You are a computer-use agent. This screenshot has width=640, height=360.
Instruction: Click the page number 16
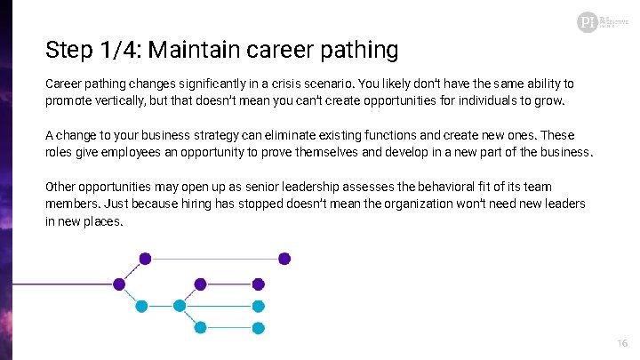click(x=621, y=343)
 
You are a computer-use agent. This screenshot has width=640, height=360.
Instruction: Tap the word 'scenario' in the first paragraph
click(x=326, y=84)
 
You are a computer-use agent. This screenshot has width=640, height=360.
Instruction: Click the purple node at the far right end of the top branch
click(x=284, y=259)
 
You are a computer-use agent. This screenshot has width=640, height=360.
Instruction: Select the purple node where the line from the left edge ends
click(x=119, y=284)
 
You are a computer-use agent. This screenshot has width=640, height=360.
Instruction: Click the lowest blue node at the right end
click(x=258, y=327)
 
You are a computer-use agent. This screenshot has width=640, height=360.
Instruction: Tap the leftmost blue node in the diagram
click(x=140, y=306)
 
